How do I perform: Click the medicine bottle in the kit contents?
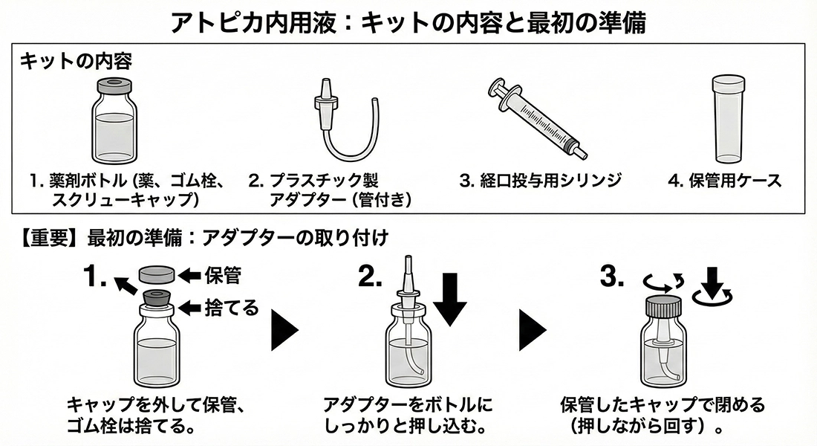coord(114,123)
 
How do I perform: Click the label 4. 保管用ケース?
coord(725,181)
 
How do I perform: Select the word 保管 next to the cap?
coord(222,276)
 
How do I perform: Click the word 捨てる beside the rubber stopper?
coord(231,306)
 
